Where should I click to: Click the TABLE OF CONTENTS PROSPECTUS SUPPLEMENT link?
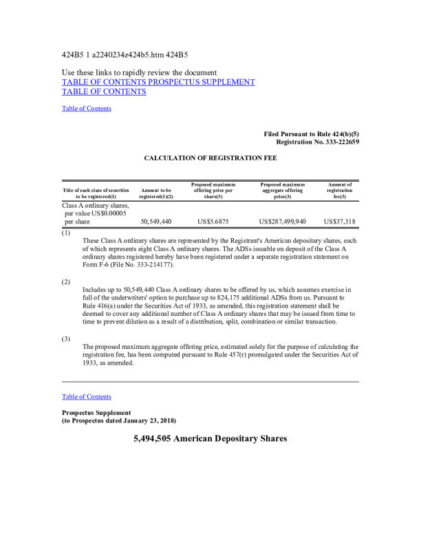(x=158, y=82)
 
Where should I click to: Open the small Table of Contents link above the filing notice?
(x=86, y=108)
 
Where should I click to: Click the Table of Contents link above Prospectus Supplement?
(x=86, y=396)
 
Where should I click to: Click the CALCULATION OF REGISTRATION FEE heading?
(x=210, y=158)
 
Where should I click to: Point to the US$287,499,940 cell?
(x=282, y=222)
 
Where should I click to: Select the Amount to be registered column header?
(x=155, y=193)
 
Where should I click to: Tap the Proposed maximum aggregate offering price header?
(x=282, y=191)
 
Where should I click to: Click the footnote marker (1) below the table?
(x=66, y=233)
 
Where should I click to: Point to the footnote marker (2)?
(x=66, y=281)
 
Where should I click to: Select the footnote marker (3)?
(x=66, y=339)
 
